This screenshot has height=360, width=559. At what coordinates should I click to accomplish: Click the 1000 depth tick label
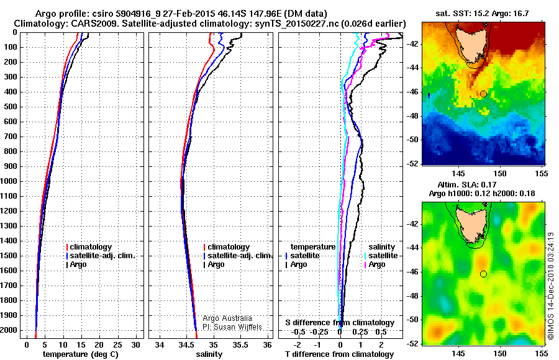(11, 181)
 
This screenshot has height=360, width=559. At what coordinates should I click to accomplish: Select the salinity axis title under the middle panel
(209, 354)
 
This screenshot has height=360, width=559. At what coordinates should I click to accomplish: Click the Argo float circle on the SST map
(483, 94)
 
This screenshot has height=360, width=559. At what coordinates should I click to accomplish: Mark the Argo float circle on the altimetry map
(483, 274)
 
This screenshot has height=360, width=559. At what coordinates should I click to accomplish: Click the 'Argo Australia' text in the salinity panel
(228, 318)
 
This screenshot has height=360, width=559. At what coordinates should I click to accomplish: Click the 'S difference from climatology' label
(340, 323)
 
